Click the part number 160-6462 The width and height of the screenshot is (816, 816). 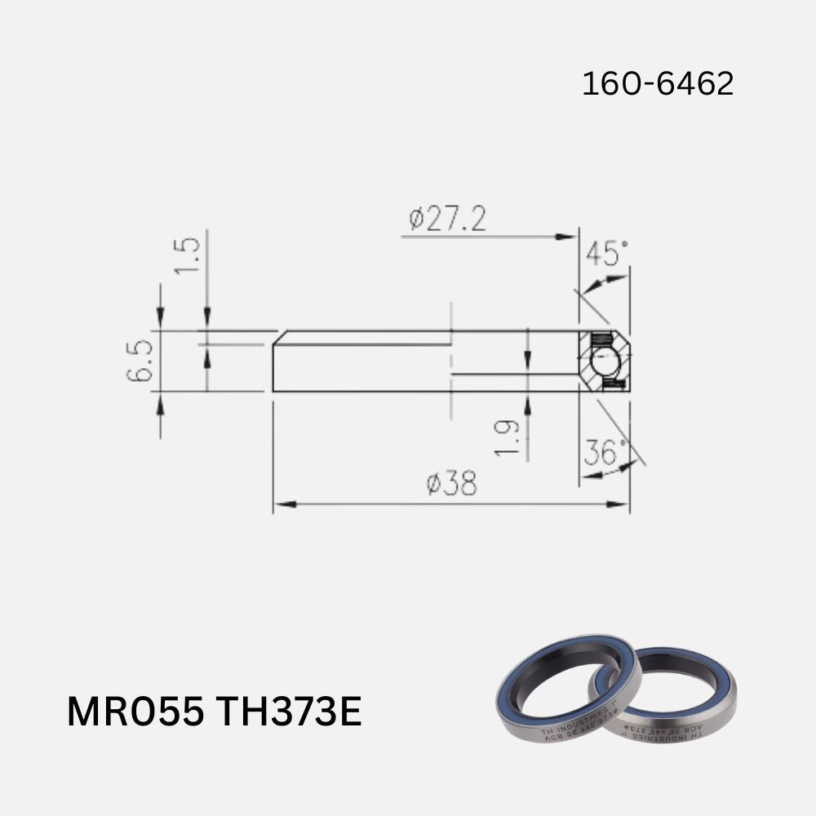[658, 84]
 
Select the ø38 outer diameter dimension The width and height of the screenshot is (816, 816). [451, 485]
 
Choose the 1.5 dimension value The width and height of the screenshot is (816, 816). [188, 255]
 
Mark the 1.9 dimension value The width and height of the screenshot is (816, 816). [508, 437]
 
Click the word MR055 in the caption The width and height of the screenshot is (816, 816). [135, 712]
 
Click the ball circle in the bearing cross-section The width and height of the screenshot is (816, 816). [604, 361]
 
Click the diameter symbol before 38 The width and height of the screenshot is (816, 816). [434, 486]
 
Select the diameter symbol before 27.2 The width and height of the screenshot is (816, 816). [417, 220]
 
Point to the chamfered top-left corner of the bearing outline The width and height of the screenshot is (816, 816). [278, 337]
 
